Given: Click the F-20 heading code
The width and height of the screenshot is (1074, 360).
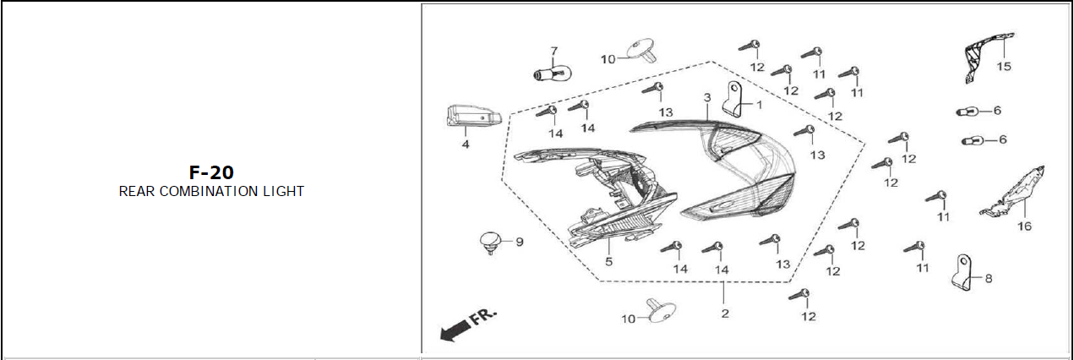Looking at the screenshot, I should point(211,172).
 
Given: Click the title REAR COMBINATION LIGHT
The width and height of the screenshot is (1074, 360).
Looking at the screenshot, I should point(211,192).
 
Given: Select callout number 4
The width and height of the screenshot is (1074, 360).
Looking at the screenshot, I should point(465,145).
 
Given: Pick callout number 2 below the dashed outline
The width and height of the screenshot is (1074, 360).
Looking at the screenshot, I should point(724,314).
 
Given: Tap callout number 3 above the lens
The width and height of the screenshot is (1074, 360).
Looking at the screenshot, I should point(707,98).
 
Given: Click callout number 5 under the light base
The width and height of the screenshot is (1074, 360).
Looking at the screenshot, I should point(608,262).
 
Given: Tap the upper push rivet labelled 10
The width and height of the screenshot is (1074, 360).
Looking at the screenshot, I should point(645,50).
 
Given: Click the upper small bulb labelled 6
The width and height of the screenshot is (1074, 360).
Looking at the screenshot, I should point(967,112).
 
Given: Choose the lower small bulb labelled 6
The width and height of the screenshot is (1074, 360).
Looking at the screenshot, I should point(972,140).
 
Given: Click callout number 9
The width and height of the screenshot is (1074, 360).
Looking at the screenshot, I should point(520,242).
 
